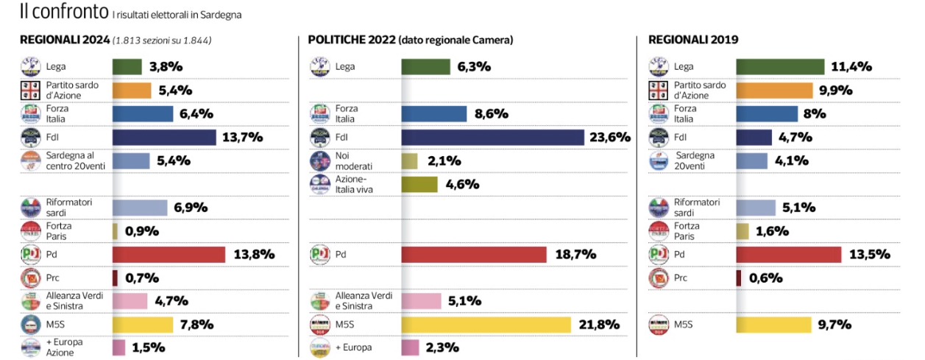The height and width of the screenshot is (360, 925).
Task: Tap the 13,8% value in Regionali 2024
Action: pos(253,255)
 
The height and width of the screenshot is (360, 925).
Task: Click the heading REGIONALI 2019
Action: pos(692,40)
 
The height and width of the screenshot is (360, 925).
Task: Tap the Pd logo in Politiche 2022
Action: pos(319,255)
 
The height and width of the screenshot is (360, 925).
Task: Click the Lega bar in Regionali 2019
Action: pos(780,67)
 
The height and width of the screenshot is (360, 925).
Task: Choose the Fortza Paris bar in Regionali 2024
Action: pos(115,231)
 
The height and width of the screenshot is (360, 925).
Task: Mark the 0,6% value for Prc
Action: pos(766,278)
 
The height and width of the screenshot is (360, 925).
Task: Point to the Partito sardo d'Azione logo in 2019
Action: pos(657,91)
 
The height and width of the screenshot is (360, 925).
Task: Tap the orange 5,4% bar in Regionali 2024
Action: pos(131,91)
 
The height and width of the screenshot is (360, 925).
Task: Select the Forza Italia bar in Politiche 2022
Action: pos(433,114)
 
